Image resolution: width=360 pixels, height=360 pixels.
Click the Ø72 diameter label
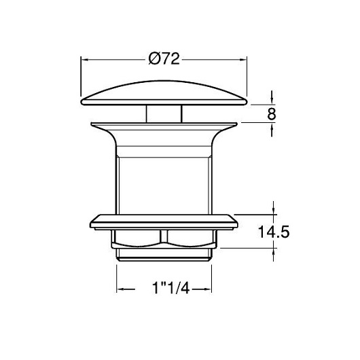point(164,59)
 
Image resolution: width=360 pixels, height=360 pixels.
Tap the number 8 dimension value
point(272,113)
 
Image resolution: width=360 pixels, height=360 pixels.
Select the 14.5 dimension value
point(274,232)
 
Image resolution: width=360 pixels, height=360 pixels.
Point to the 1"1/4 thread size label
point(170,288)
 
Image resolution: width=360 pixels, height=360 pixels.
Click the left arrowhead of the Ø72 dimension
point(85,60)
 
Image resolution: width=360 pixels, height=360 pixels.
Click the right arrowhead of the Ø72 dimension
point(243,60)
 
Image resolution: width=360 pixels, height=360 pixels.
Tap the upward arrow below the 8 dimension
point(272,130)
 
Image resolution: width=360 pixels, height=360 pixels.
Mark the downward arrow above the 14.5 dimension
point(273,208)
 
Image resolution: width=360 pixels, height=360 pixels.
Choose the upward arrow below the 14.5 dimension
point(273,255)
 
